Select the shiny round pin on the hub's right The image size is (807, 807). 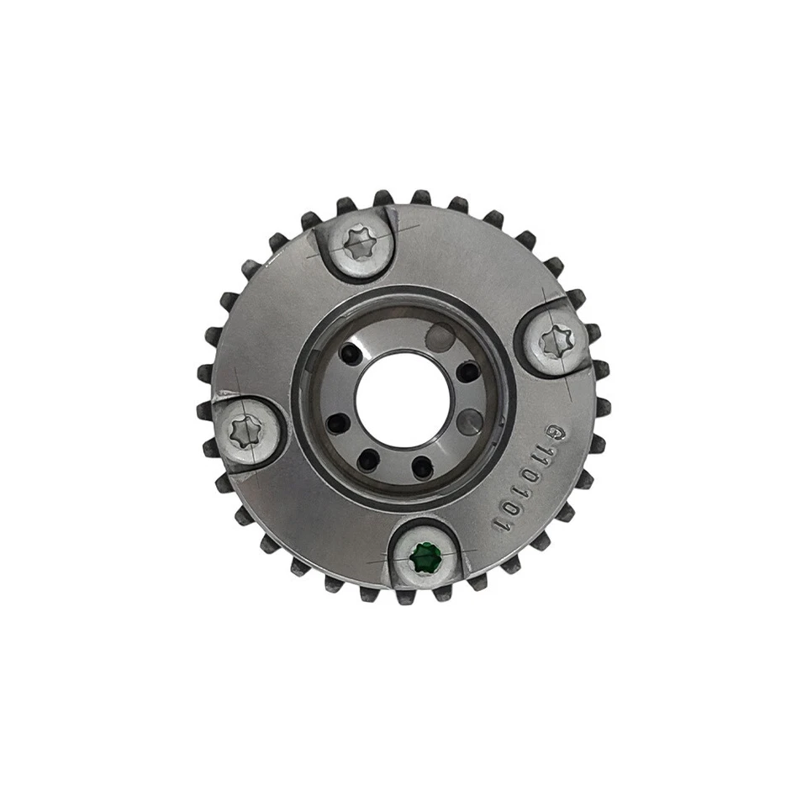(472, 419)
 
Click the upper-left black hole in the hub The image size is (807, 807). (356, 350)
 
